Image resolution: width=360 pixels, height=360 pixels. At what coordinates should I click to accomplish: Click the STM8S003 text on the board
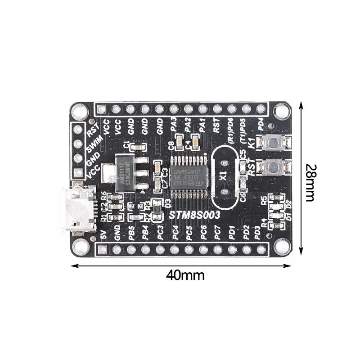pyautogui.click(x=194, y=216)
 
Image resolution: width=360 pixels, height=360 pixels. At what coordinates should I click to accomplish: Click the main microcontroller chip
pyautogui.click(x=189, y=176)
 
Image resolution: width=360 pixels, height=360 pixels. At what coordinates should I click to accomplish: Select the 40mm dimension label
pyautogui.click(x=184, y=275)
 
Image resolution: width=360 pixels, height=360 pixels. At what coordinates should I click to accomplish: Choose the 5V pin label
pyautogui.click(x=103, y=234)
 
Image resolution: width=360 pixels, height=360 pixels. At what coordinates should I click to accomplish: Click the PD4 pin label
pyautogui.click(x=260, y=123)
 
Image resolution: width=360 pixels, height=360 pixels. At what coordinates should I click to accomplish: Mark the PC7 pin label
pyautogui.click(x=217, y=233)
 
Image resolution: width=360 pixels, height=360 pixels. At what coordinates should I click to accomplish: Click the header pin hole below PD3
pyautogui.click(x=261, y=249)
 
